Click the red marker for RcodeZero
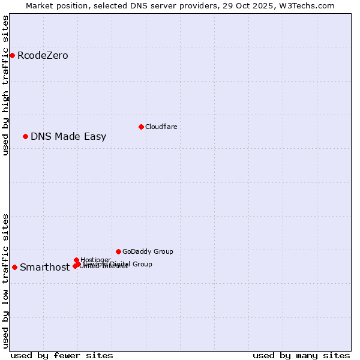12,55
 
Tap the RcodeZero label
43,56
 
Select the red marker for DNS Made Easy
25,136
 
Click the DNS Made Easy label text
68,137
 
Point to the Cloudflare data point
141,127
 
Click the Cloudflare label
161,127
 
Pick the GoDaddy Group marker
118,251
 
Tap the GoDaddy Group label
148,252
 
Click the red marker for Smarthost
14,267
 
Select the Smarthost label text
44,268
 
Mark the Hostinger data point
76,260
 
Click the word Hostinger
95,260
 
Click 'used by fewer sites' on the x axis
62,355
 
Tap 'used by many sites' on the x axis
301,355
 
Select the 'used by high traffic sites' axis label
5,85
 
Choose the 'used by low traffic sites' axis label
5,281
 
